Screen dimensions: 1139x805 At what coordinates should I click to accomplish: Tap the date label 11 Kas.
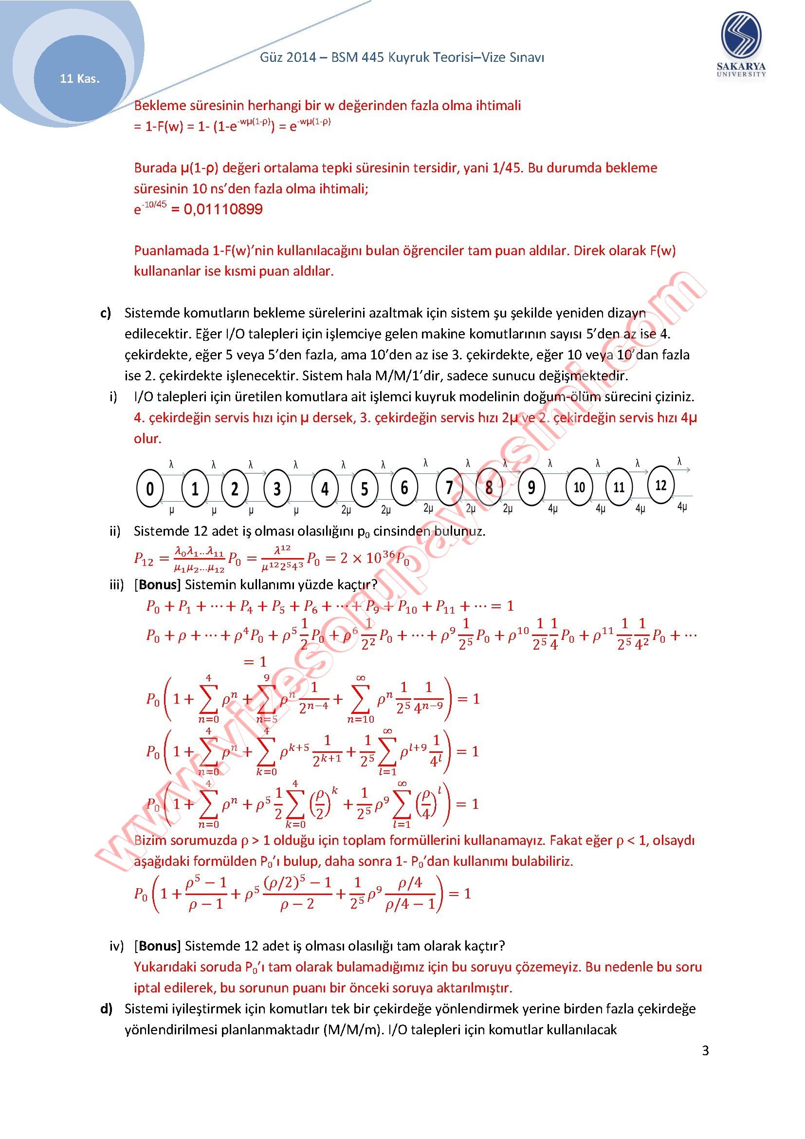coord(80,78)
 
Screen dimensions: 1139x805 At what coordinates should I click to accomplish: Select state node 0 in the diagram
coord(150,488)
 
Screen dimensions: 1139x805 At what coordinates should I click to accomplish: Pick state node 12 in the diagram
coord(661,485)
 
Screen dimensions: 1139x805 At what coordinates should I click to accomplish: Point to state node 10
coord(579,487)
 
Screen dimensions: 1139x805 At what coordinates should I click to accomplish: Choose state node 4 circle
coord(325,489)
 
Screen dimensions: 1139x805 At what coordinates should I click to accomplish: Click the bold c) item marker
coord(106,313)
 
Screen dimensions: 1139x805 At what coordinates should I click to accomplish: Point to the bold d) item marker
coord(106,1008)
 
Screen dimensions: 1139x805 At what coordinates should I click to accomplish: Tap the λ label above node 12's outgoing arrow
coord(679,461)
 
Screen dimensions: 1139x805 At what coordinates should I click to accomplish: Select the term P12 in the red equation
coord(144,559)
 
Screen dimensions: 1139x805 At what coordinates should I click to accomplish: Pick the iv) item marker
coord(116,946)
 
